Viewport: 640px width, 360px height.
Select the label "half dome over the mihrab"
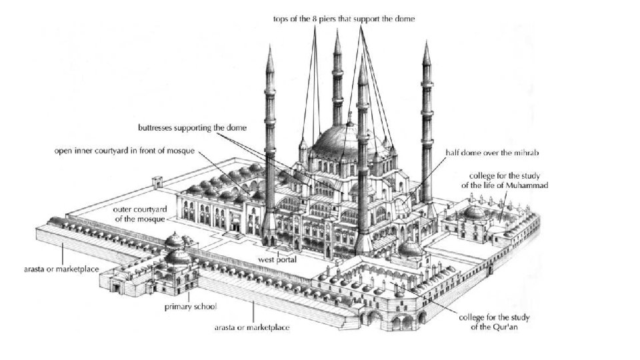(x=492, y=153)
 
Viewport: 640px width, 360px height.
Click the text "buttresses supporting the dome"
(x=193, y=127)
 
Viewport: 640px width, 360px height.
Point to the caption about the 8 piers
(x=344, y=19)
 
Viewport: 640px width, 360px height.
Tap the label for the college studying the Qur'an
(x=495, y=322)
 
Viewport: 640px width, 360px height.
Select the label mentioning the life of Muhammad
(x=504, y=180)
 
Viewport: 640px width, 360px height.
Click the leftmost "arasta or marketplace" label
(x=59, y=269)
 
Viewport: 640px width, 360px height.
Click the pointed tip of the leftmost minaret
(x=269, y=48)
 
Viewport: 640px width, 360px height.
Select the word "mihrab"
(x=525, y=153)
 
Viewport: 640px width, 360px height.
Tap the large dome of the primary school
(x=177, y=256)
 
